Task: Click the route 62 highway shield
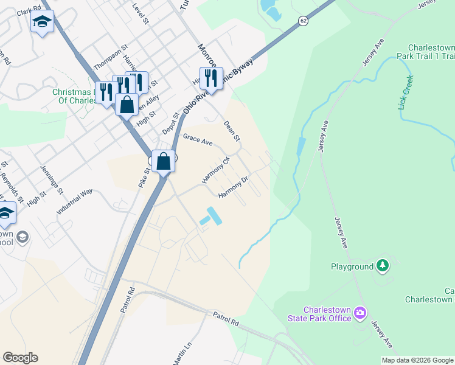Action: pos(303,21)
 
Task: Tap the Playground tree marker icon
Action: pos(383,265)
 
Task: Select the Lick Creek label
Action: pos(406,93)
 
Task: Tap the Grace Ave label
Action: pos(198,141)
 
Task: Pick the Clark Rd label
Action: pos(29,12)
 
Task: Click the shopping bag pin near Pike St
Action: pos(163,162)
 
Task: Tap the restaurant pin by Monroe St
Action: pos(211,78)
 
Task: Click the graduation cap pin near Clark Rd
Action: pos(42,22)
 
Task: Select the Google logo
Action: pos(20,358)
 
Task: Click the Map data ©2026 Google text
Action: pos(418,360)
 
